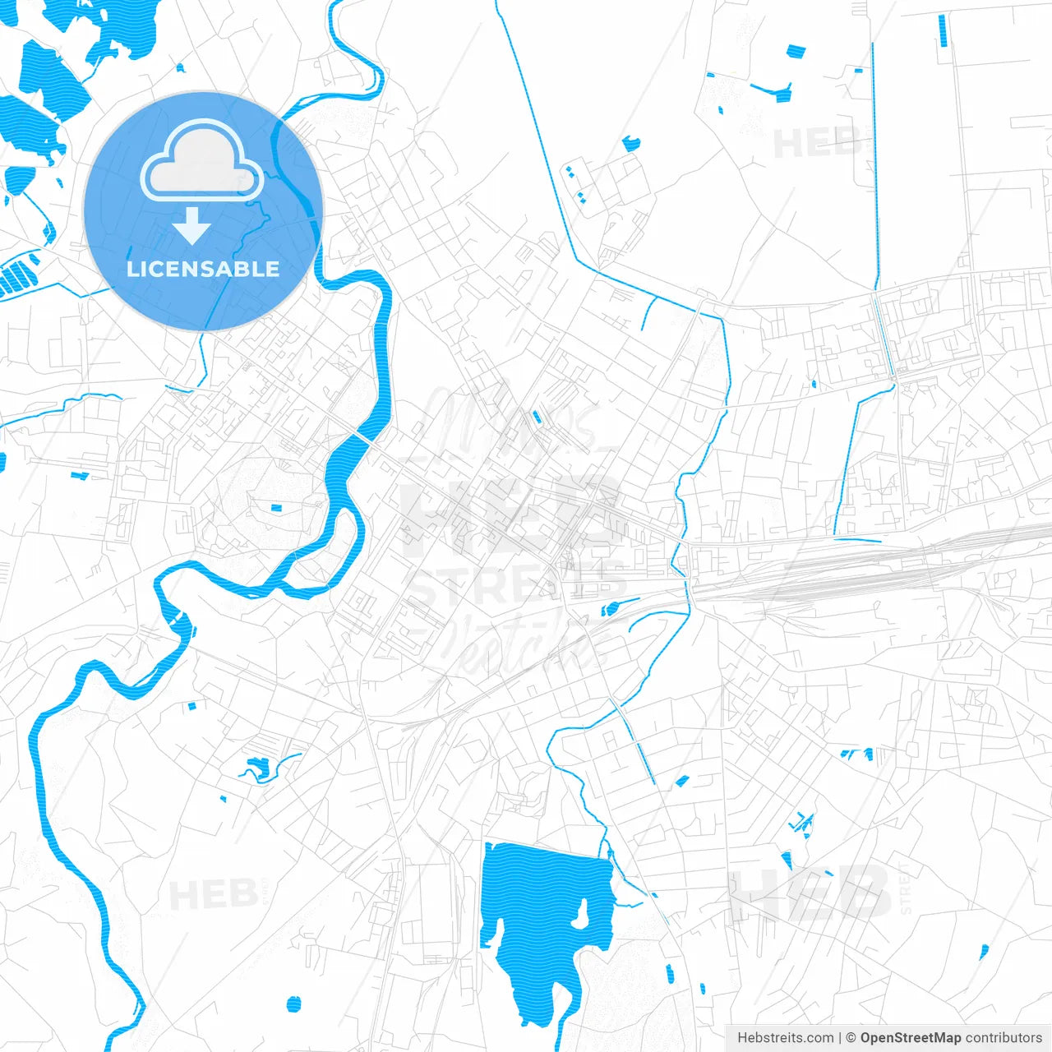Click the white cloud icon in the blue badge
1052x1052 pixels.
202,161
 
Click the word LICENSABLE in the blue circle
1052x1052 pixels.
203,269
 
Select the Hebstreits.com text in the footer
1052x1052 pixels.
785,1038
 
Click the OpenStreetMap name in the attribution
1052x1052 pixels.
910,1038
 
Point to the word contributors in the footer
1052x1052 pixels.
1004,1038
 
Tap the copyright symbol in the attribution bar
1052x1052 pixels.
851,1038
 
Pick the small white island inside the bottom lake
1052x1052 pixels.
580,915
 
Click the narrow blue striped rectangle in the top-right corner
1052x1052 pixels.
942,30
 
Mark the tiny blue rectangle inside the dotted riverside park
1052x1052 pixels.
276,507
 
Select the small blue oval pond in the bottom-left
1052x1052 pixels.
293,1004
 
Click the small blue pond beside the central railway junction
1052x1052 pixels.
610,609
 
